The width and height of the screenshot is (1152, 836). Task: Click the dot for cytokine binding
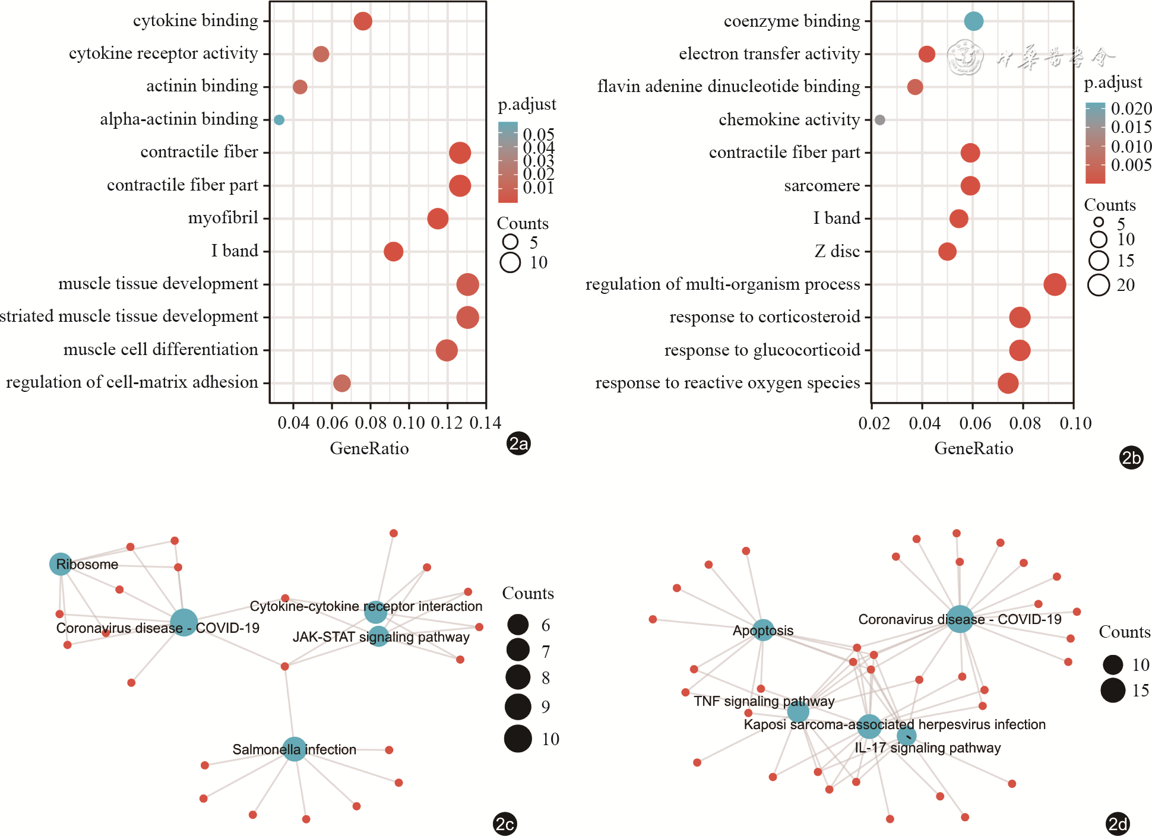(363, 21)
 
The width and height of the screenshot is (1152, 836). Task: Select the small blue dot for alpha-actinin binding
(279, 120)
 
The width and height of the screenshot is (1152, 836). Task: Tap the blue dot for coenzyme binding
(973, 21)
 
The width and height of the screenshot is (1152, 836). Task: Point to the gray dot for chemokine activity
(880, 120)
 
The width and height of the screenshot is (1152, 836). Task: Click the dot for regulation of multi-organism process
(1055, 284)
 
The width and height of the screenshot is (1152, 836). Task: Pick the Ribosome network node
(61, 564)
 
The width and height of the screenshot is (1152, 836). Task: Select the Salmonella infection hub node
(294, 749)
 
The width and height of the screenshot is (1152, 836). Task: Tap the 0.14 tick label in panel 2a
(485, 423)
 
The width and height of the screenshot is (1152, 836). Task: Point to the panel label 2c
(505, 824)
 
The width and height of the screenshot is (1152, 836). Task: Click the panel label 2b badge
(1131, 458)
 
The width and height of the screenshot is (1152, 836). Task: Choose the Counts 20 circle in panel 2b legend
(1099, 285)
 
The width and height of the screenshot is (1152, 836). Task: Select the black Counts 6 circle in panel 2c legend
(518, 625)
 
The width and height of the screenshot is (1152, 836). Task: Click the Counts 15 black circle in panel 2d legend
(1113, 691)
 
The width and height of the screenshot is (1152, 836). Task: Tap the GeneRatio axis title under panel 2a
(369, 448)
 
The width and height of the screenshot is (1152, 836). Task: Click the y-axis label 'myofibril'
(223, 218)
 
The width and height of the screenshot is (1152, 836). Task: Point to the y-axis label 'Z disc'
(837, 252)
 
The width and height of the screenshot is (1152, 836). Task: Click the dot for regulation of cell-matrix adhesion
(341, 383)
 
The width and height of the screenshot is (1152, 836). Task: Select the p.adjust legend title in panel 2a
(527, 104)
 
